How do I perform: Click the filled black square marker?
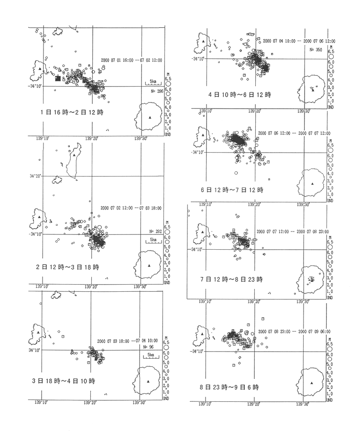(x=58, y=78)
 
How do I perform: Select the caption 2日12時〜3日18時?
(x=72, y=266)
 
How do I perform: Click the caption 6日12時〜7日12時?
(x=233, y=190)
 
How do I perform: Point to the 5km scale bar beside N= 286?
(x=153, y=83)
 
